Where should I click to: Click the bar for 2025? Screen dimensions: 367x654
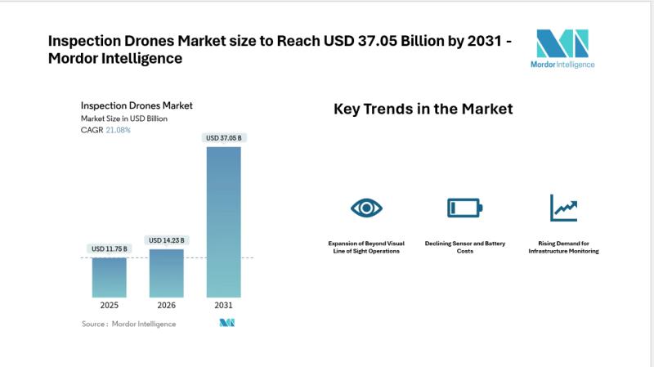109,277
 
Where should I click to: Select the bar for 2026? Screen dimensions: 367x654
167,273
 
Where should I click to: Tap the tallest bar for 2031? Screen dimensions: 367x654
224,221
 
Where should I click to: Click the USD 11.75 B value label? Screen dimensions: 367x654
109,249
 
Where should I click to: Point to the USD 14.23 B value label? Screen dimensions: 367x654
167,240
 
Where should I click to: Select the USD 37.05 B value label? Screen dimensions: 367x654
224,138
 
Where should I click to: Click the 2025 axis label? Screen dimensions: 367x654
109,305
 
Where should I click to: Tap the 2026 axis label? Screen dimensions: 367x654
167,305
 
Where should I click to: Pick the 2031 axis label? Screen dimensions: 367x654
224,305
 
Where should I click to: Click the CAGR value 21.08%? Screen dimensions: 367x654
118,130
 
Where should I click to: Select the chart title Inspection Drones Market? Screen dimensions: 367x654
137,105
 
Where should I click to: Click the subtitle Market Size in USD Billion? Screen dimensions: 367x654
123,119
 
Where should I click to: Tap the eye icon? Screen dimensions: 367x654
366,208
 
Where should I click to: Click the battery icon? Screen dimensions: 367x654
464,208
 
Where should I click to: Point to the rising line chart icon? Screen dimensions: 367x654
563,208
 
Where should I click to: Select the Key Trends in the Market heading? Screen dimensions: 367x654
423,109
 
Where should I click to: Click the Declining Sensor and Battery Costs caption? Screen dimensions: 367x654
465,247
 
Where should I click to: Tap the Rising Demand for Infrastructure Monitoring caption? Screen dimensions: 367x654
563,247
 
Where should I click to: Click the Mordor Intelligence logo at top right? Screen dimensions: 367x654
562,49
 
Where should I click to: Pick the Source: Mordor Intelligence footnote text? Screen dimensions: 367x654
128,324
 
